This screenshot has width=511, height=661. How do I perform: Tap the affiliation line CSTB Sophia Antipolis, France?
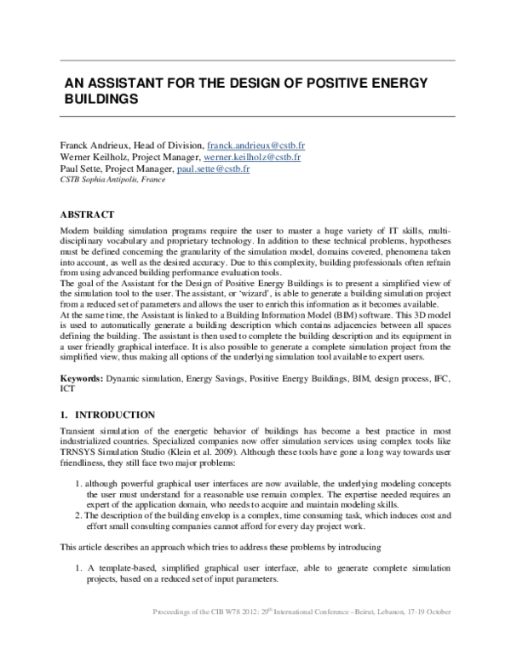coord(112,181)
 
